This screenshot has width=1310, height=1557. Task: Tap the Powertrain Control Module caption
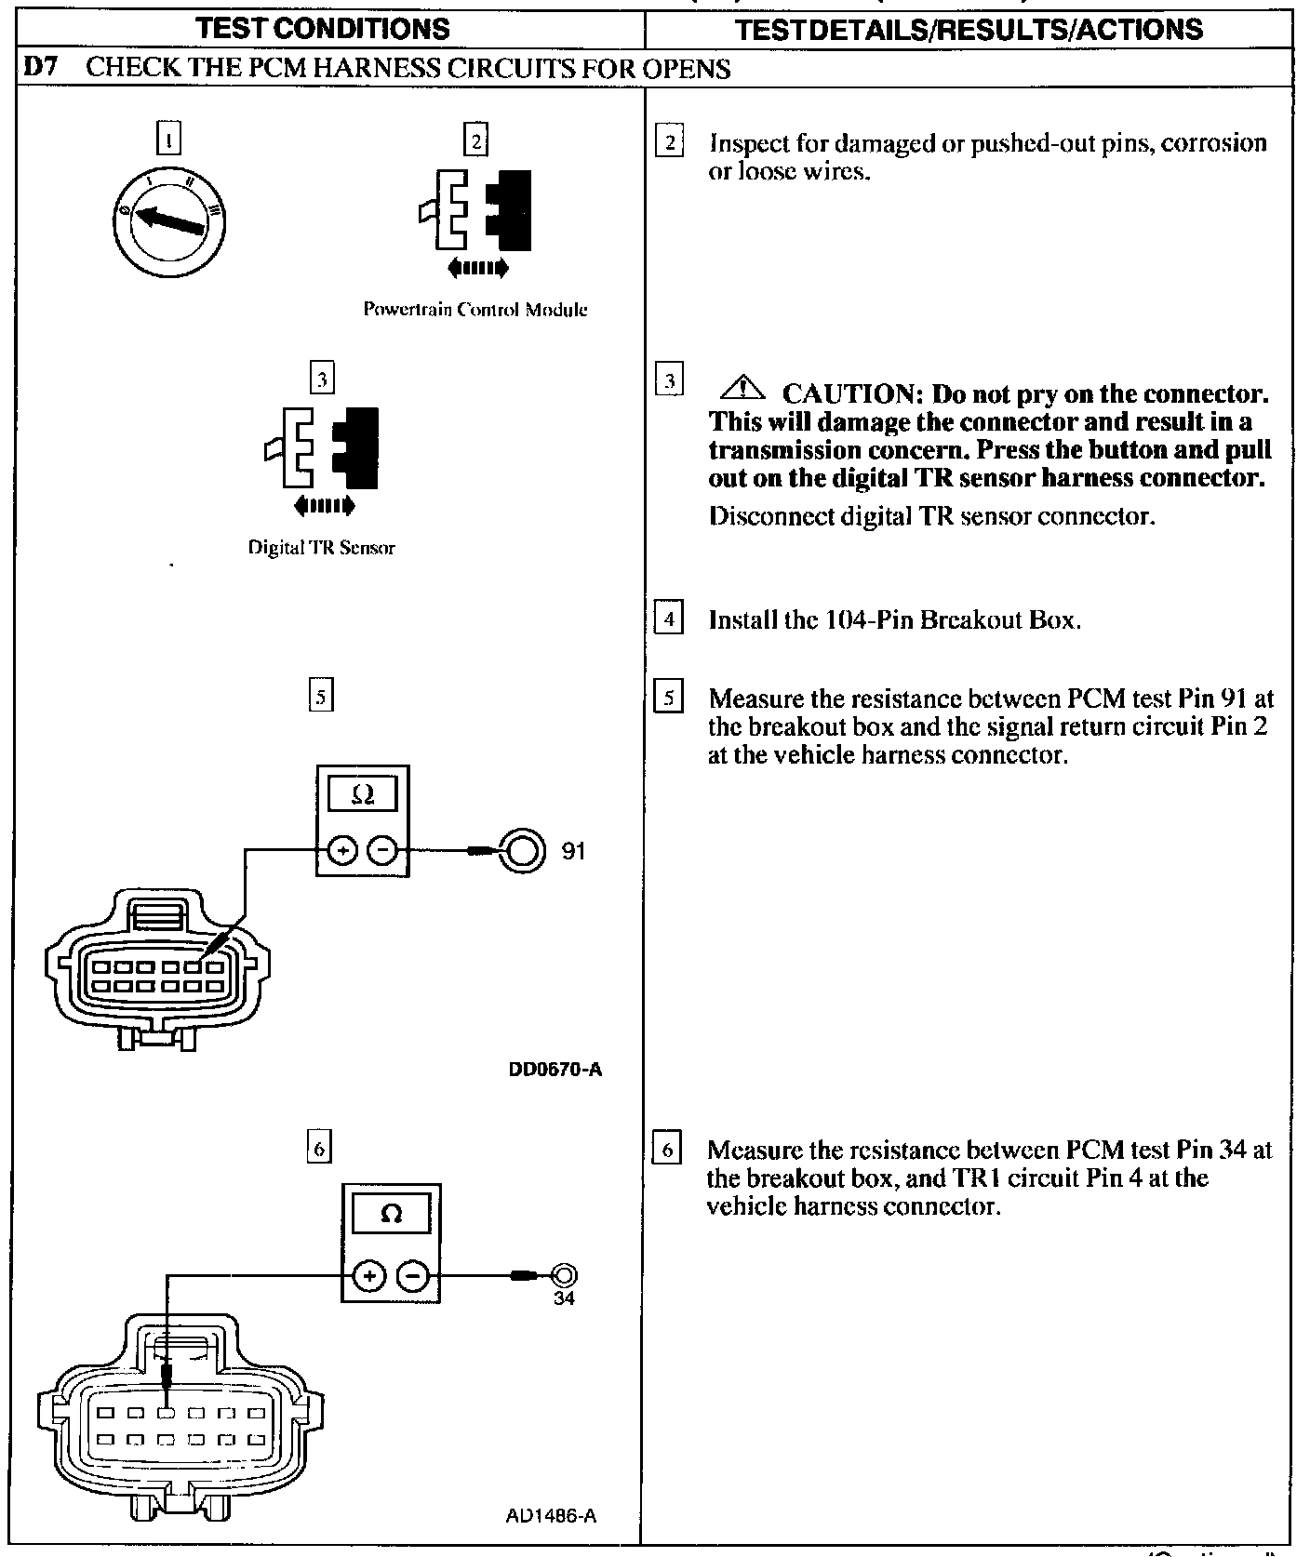click(x=475, y=310)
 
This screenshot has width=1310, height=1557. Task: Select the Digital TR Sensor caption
click(x=321, y=548)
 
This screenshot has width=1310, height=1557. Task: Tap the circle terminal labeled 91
click(x=522, y=849)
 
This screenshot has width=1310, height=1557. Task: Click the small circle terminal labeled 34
click(x=564, y=1274)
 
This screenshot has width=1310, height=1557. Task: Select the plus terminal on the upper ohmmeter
click(x=342, y=849)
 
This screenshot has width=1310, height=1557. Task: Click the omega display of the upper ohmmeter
click(x=363, y=795)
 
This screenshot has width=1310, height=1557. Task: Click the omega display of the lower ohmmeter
click(x=392, y=1214)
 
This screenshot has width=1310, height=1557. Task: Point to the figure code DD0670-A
click(x=555, y=1069)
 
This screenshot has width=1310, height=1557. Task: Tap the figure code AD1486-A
click(x=551, y=1516)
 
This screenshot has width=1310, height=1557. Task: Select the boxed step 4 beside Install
click(x=669, y=618)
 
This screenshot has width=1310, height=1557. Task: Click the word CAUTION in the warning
click(x=851, y=393)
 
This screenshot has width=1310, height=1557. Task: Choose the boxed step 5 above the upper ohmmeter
click(x=320, y=697)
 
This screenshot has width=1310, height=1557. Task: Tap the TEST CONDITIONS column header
click(x=327, y=28)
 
